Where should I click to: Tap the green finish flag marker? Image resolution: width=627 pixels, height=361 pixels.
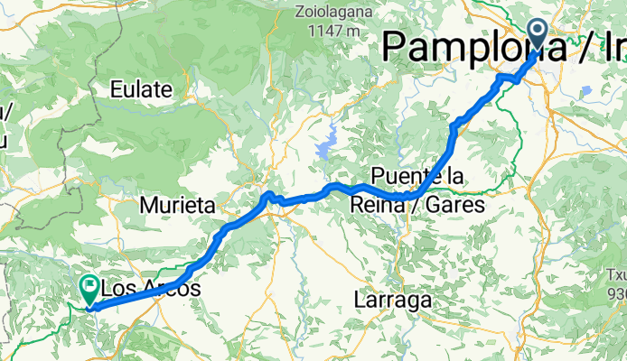(x=90, y=289)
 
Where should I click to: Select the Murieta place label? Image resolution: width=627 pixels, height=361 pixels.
(x=178, y=206)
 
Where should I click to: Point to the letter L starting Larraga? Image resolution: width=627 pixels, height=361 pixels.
(x=360, y=301)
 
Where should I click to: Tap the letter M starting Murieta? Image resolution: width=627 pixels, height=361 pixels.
(x=149, y=206)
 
